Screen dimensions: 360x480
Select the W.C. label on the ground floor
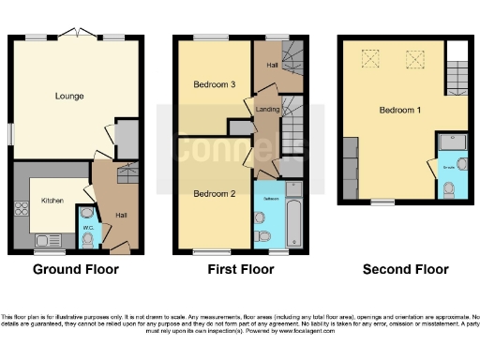click(x=86, y=227)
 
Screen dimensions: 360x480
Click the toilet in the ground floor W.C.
click(x=87, y=240)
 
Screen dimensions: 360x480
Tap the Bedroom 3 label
click(x=214, y=84)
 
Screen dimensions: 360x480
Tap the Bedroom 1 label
click(x=400, y=110)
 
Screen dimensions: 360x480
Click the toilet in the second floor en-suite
click(x=450, y=188)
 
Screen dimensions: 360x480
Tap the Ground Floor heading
click(x=76, y=270)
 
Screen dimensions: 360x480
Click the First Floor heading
click(x=240, y=270)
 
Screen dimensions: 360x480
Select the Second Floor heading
click(x=404, y=270)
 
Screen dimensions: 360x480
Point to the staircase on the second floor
click(x=457, y=71)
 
